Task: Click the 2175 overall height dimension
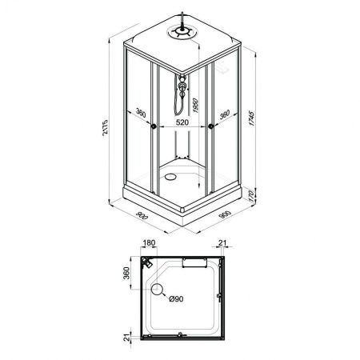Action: (105, 127)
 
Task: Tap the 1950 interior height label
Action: (195, 106)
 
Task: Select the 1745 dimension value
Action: (251, 118)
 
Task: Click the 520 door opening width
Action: (182, 122)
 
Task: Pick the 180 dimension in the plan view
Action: (149, 243)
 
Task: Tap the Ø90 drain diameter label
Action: (176, 299)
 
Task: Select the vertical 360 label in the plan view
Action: (126, 273)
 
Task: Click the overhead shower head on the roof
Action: (182, 31)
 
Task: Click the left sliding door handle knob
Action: (154, 126)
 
